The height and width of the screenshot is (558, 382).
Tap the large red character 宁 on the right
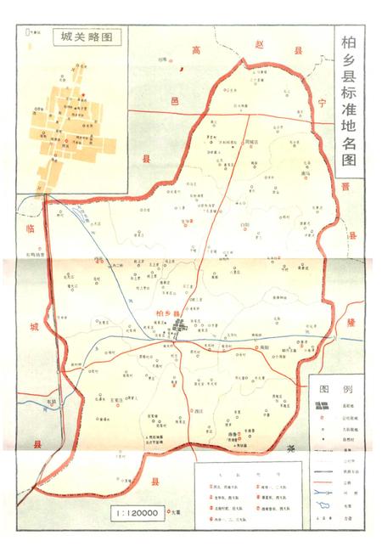coord(321,102)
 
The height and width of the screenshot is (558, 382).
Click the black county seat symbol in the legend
coord(321,409)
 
